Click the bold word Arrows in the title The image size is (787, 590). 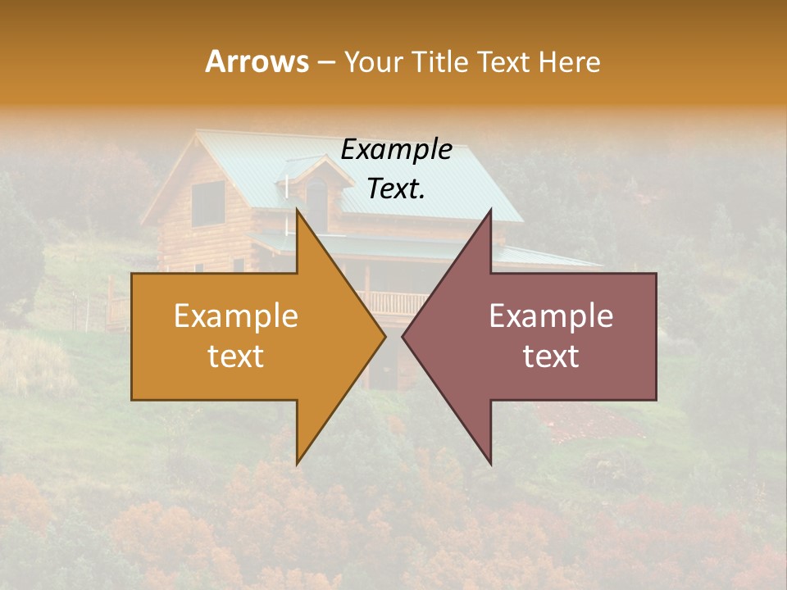257,61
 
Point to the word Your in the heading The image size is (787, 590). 373,62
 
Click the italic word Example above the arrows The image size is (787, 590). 397,150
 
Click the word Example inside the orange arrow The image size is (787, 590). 236,316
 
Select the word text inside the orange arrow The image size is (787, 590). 236,356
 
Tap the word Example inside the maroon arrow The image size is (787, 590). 551,316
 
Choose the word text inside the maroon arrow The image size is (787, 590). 551,356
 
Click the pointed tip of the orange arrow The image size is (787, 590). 384,336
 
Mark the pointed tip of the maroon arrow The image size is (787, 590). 404,336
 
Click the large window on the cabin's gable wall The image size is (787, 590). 208,202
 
